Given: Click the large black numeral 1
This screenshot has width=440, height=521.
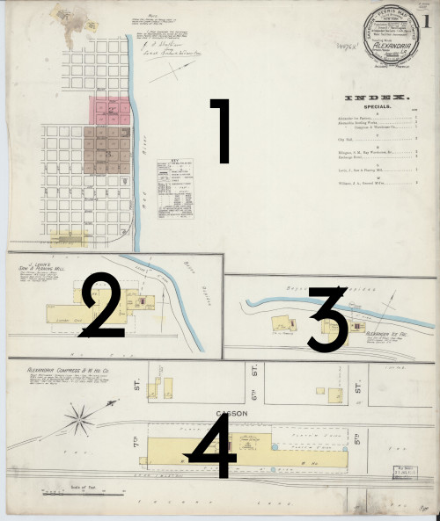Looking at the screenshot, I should coord(218,131).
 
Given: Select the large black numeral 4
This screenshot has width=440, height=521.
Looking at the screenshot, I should coord(213,446).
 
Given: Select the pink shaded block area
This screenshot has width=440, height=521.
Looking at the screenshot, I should coord(106,109).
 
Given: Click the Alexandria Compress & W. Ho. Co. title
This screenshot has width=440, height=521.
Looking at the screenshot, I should coord(69,371).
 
